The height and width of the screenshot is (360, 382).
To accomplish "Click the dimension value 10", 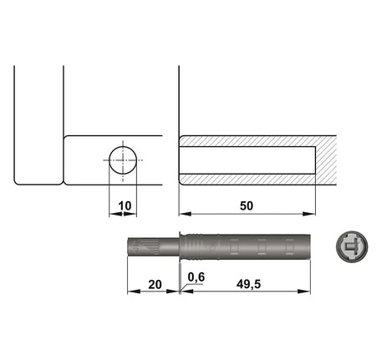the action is pyautogui.click(x=125, y=206).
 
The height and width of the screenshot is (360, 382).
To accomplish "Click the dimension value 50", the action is pyautogui.click(x=247, y=206).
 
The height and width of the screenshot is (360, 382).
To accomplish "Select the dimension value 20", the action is pyautogui.click(x=155, y=285).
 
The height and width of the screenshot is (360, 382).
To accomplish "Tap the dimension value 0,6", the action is pyautogui.click(x=196, y=277).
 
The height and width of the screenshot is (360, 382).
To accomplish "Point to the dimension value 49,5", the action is pyautogui.click(x=248, y=285).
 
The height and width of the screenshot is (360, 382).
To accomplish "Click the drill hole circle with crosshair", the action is pyautogui.click(x=123, y=160).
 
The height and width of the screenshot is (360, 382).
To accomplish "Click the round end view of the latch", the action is pyautogui.click(x=352, y=246).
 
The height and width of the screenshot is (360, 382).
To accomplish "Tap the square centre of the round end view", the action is pyautogui.click(x=349, y=246).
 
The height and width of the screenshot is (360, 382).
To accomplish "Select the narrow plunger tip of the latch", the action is pyautogui.click(x=153, y=246).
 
